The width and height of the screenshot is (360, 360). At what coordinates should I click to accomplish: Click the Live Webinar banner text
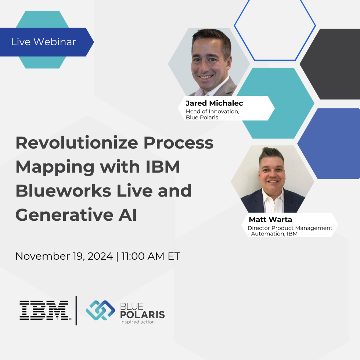[43, 42]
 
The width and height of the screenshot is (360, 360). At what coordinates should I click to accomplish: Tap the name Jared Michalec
[214, 103]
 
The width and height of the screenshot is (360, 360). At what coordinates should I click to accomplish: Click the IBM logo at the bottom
[44, 310]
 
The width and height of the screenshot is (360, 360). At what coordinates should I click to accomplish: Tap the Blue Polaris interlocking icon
[100, 310]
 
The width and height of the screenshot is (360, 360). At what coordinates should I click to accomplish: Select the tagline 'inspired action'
[137, 322]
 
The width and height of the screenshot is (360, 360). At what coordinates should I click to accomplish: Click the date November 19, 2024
[64, 256]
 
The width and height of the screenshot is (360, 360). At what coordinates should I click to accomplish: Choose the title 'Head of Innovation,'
[212, 112]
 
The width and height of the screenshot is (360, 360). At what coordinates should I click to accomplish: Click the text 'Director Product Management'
[290, 228]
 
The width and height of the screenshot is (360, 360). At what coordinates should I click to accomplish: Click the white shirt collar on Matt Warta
[273, 198]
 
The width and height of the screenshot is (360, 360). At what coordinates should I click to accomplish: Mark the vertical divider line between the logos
[76, 310]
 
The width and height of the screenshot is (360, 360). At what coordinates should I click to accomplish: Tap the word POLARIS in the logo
[142, 314]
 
